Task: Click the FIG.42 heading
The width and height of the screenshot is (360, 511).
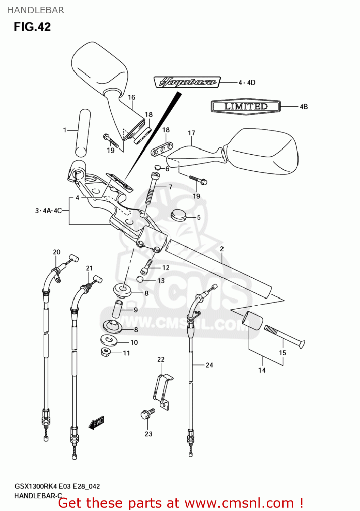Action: pyautogui.click(x=32, y=27)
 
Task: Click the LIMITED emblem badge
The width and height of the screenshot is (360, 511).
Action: pyautogui.click(x=246, y=106)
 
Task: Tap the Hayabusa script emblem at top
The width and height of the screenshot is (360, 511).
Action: pyautogui.click(x=187, y=82)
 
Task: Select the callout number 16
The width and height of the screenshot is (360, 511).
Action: pyautogui.click(x=131, y=97)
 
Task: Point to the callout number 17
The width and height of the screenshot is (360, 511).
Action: pyautogui.click(x=191, y=133)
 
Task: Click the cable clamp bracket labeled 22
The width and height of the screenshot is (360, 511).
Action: pyautogui.click(x=162, y=392)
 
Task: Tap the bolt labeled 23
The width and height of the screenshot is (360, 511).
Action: pyautogui.click(x=147, y=414)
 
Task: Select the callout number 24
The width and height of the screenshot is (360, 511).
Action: pyautogui.click(x=209, y=365)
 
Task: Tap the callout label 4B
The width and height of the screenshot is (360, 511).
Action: pyautogui.click(x=303, y=107)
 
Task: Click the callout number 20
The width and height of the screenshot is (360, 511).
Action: pyautogui.click(x=57, y=252)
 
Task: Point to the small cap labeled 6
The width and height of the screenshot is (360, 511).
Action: pyautogui.click(x=157, y=167)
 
